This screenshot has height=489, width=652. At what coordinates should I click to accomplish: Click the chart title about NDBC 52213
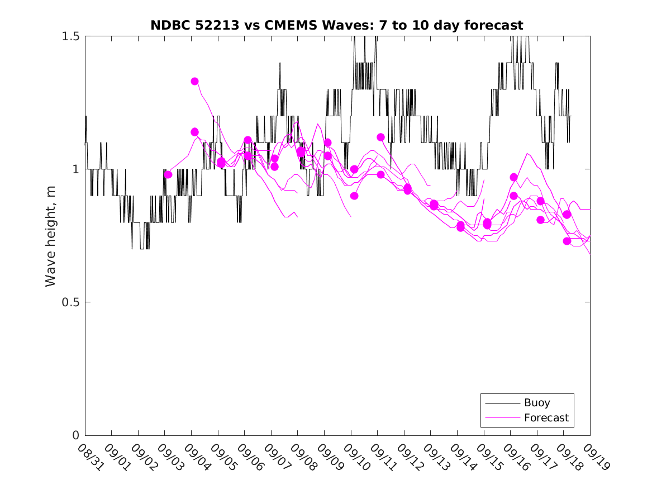tap(337, 25)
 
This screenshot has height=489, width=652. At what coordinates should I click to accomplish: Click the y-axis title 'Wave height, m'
tap(51, 235)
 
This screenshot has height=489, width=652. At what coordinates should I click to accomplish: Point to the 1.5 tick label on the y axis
tap(72, 36)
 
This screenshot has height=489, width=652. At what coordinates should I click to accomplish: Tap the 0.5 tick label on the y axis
tap(72, 302)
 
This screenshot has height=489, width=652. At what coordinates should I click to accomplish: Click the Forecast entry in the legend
tap(546, 417)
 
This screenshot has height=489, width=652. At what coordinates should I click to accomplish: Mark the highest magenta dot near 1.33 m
tap(195, 82)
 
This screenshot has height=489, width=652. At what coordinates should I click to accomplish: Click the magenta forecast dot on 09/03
tap(168, 174)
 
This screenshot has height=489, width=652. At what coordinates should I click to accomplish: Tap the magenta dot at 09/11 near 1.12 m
tap(380, 137)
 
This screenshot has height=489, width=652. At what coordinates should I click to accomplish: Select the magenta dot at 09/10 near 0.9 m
tap(354, 196)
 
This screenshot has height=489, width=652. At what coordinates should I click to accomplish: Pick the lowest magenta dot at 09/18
tap(567, 241)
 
